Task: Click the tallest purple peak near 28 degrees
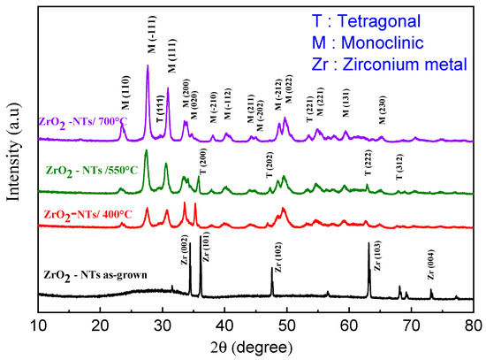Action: point(147,66)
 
